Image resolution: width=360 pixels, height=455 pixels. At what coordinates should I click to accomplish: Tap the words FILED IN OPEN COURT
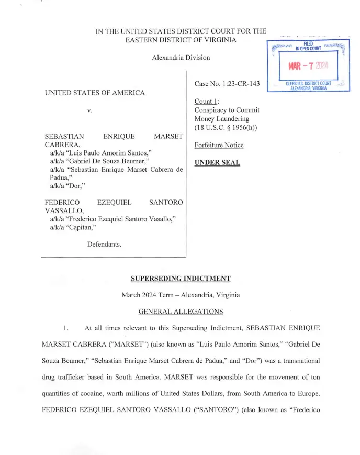[x=308, y=47]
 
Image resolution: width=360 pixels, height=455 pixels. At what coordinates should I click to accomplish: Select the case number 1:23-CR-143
[x=227, y=84]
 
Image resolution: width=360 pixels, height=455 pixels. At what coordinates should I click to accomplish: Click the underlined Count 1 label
[x=204, y=101]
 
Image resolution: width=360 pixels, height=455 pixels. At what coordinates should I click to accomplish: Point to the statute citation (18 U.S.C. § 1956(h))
[x=226, y=127]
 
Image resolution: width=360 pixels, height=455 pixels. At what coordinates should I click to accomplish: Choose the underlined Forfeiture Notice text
[x=219, y=145]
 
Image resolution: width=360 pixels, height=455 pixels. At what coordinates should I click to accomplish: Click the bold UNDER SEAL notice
[x=217, y=162]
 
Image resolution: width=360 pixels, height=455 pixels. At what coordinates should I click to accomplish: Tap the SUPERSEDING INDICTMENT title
[x=181, y=279]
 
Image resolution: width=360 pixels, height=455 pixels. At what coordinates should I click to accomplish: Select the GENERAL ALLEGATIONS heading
[x=181, y=312]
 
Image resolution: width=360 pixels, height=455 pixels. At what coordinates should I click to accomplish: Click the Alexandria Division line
[x=181, y=58]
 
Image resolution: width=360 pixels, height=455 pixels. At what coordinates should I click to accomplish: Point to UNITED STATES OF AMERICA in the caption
[x=95, y=93]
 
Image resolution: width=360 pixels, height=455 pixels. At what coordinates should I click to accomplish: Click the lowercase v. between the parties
[x=90, y=110]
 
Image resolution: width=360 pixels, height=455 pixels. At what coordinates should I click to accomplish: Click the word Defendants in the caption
[x=104, y=245]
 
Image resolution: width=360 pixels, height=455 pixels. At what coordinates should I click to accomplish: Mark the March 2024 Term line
[x=181, y=295]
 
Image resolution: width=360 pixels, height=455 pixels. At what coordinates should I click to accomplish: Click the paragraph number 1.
[x=66, y=328]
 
